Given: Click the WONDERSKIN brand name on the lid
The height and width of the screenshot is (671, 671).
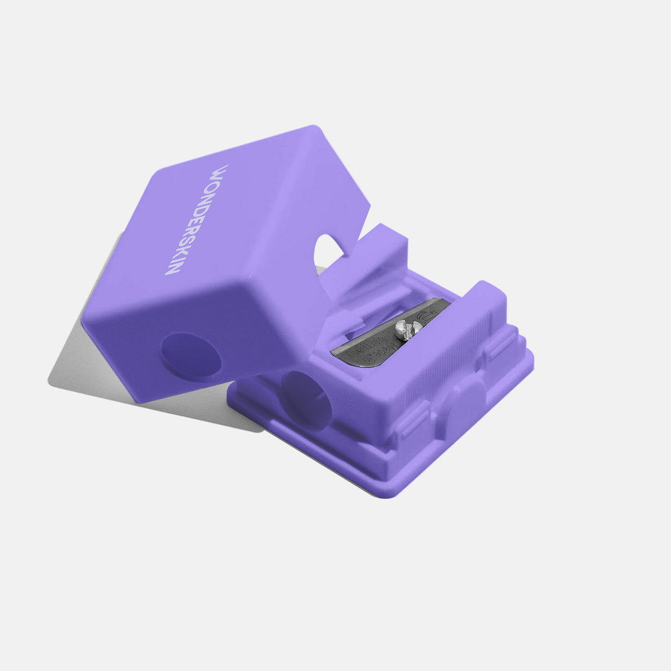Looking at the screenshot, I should [x=196, y=220].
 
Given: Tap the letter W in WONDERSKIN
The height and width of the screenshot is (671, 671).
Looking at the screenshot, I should [x=220, y=171].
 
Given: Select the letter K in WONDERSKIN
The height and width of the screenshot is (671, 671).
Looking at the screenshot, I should [x=178, y=255].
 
